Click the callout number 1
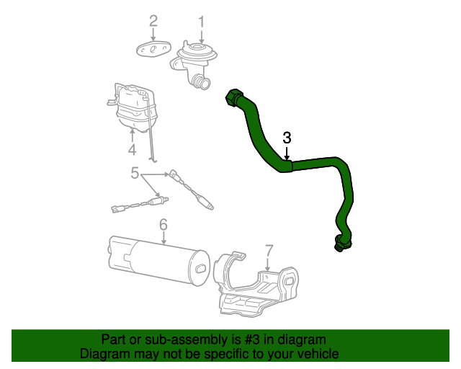[202, 22]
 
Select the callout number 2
[153, 22]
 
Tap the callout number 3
[287, 138]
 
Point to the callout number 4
[133, 150]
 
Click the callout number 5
[135, 173]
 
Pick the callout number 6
[164, 226]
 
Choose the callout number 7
[269, 250]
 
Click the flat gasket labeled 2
[152, 49]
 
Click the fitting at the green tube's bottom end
[339, 244]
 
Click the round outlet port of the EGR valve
[205, 84]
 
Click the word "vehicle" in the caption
[316, 354]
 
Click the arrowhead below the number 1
[202, 40]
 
